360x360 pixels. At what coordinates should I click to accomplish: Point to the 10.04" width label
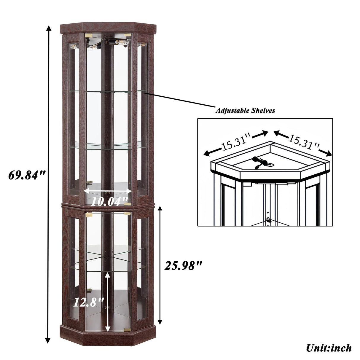click(x=109, y=202)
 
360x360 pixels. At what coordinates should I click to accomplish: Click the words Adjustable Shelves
click(x=245, y=111)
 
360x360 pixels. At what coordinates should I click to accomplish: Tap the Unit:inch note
click(x=329, y=348)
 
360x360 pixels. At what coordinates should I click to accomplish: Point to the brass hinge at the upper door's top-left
click(x=88, y=35)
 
